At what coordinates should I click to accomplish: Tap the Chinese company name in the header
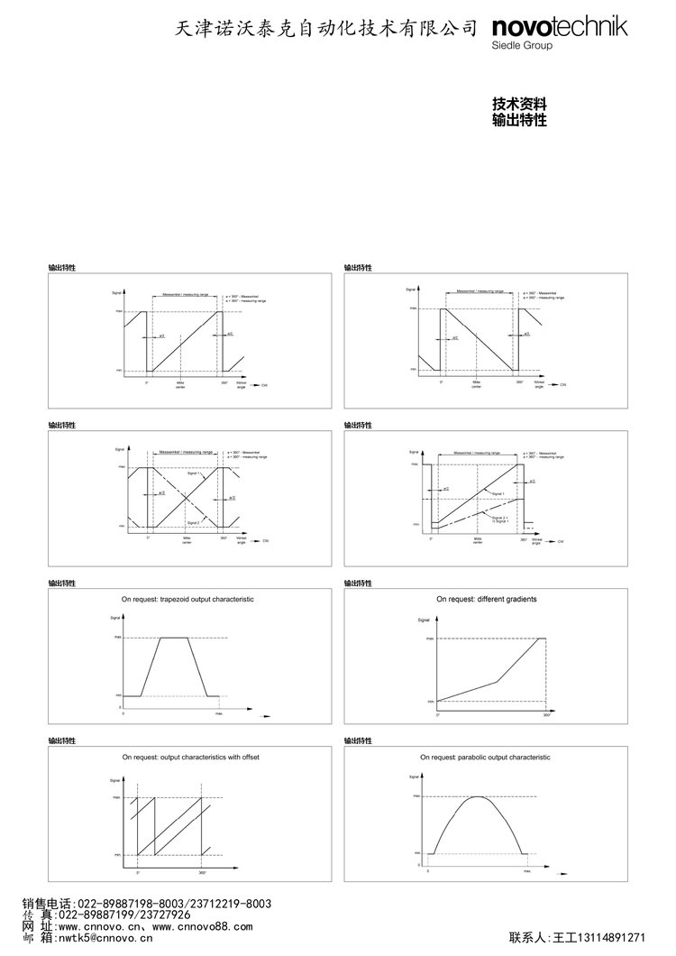(x=325, y=30)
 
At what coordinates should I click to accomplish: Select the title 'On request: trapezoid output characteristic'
(x=188, y=598)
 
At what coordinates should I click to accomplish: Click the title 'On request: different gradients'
(x=487, y=598)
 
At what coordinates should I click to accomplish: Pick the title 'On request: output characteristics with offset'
(x=190, y=758)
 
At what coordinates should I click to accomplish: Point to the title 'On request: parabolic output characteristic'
(x=485, y=758)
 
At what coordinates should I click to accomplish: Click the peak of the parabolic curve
(x=477, y=797)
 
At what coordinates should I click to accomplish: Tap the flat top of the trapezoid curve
(x=174, y=638)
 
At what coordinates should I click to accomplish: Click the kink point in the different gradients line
(x=496, y=680)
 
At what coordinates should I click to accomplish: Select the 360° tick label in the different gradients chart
(x=546, y=714)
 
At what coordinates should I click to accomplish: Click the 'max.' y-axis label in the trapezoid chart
(x=117, y=638)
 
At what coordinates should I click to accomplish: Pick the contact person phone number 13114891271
(x=617, y=938)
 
